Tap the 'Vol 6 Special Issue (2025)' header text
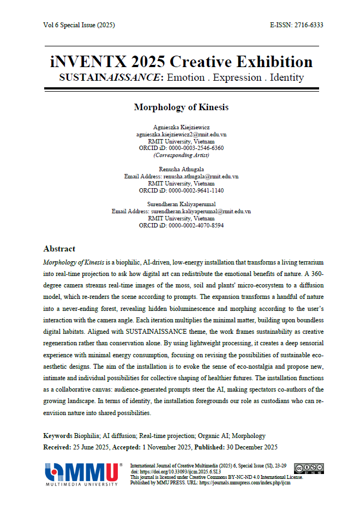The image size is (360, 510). click(x=79, y=26)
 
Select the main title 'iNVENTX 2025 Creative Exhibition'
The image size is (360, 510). click(x=181, y=61)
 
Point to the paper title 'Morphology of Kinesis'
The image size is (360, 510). click(x=181, y=107)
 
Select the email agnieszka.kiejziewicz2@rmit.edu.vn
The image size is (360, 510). click(x=181, y=134)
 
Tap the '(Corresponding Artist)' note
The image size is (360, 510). click(x=181, y=155)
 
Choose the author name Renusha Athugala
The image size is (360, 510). click(x=181, y=170)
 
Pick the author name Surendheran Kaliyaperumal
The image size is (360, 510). click(x=181, y=204)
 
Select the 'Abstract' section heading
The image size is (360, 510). click(x=59, y=249)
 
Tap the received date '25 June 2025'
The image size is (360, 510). click(x=91, y=447)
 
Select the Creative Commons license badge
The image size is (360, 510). click(x=309, y=468)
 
